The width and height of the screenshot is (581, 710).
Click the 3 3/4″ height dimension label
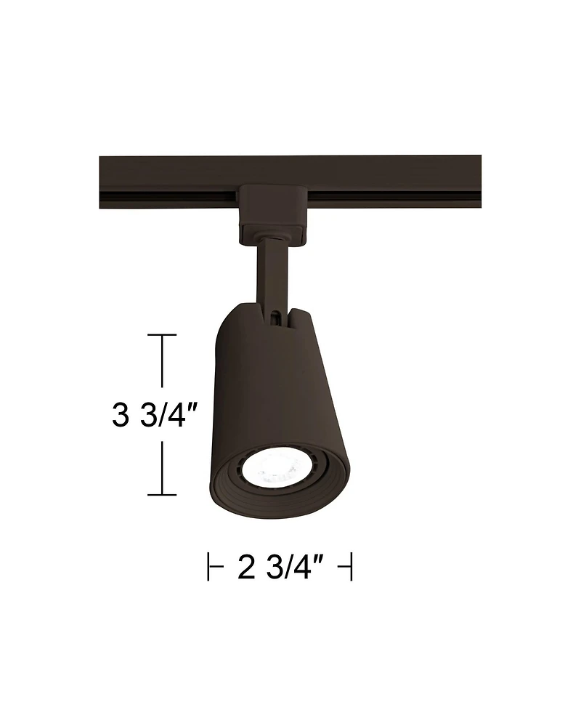point(154,416)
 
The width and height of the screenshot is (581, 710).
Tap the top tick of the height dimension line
point(162,335)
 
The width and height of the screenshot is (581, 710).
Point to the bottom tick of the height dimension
point(162,495)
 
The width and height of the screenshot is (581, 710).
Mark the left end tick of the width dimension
point(209,567)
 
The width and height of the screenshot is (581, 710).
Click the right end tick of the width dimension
point(351,567)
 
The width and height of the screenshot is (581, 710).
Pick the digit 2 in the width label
point(246,567)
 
